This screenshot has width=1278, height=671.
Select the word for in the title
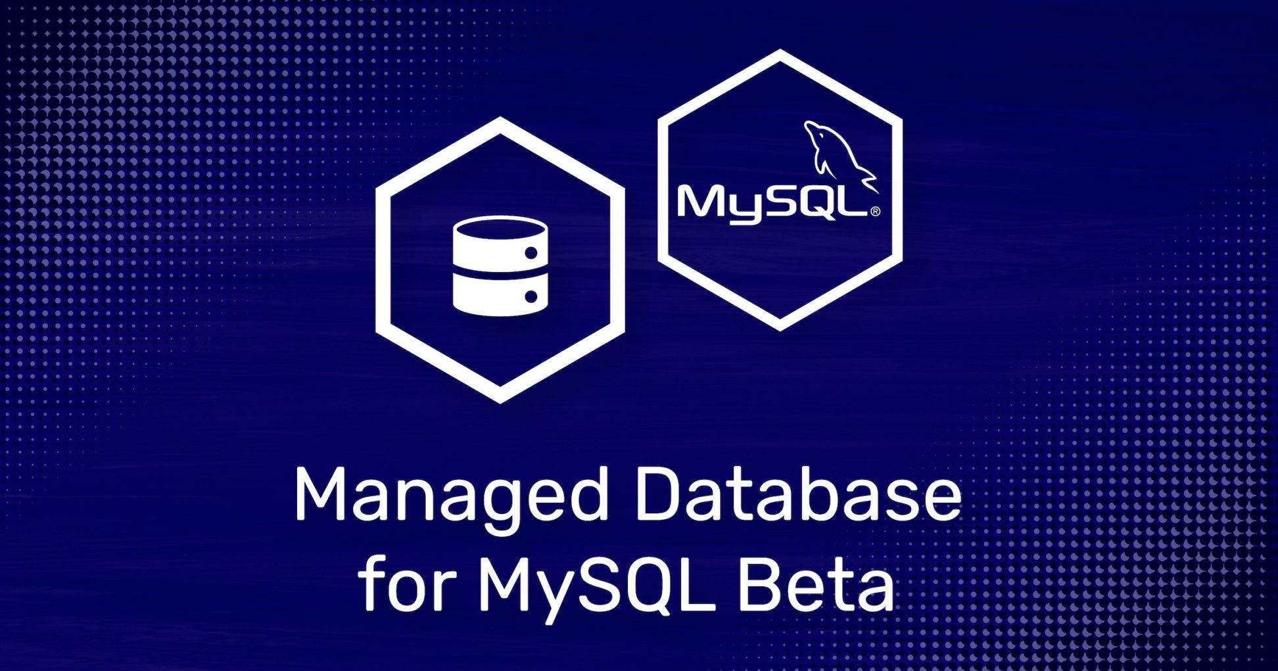click(407, 583)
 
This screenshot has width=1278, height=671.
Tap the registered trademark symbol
click(875, 212)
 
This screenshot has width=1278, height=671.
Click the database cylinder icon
click(500, 266)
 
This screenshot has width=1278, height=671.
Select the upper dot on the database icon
click(531, 253)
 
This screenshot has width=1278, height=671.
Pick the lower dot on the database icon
click(531, 297)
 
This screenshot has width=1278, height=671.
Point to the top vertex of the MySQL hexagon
click(780, 49)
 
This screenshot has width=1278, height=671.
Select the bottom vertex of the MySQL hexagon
click(780, 331)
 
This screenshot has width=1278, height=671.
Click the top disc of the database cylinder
click(500, 231)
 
